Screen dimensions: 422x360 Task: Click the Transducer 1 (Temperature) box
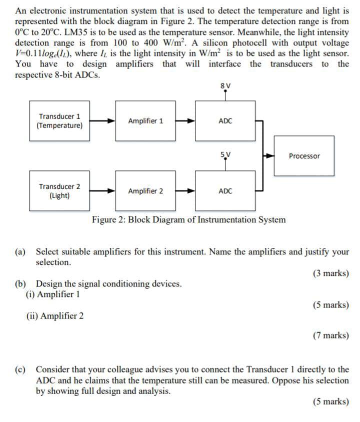coord(59,121)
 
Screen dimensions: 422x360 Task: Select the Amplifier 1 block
coord(145,121)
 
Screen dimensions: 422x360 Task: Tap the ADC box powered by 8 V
coord(225,121)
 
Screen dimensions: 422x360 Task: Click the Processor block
coord(304,156)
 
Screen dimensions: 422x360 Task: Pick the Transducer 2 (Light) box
coord(59,191)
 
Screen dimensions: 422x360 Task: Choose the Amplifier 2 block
coord(145,191)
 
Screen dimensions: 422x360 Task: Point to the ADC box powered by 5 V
coord(225,191)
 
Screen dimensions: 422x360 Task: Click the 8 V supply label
coord(225,85)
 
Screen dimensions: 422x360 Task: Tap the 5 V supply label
coord(225,155)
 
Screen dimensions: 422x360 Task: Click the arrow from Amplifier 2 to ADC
coord(185,191)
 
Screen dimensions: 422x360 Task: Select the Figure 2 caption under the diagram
coord(189,220)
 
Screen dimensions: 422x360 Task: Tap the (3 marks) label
coord(330,274)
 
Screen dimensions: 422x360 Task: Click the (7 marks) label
coord(330,335)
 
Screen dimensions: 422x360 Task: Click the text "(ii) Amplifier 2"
coord(55,316)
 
